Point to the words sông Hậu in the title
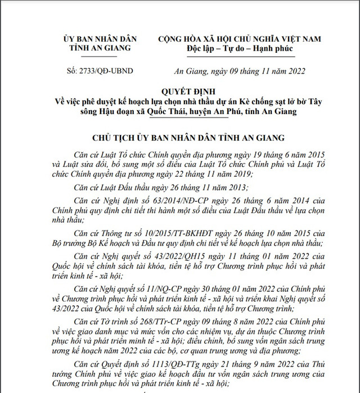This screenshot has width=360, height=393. (x=81, y=112)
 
